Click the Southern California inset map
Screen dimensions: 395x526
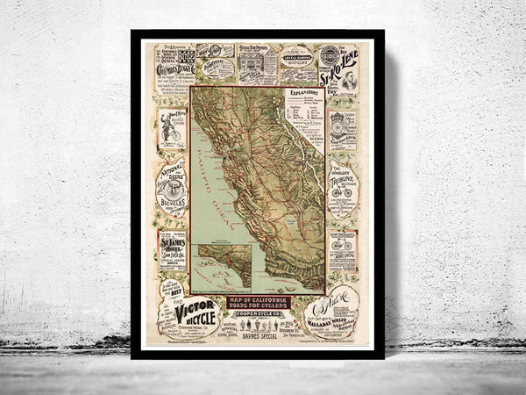(223, 268)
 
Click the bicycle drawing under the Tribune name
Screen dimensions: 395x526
(343, 192)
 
